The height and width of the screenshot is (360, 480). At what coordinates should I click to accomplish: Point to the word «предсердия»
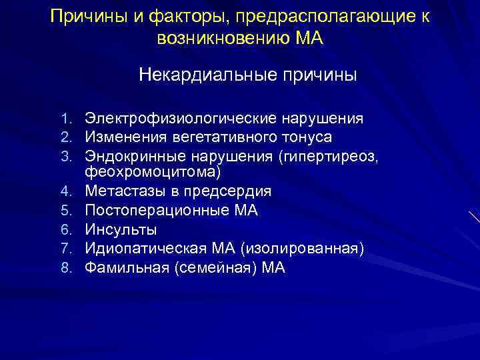tap(232, 191)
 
